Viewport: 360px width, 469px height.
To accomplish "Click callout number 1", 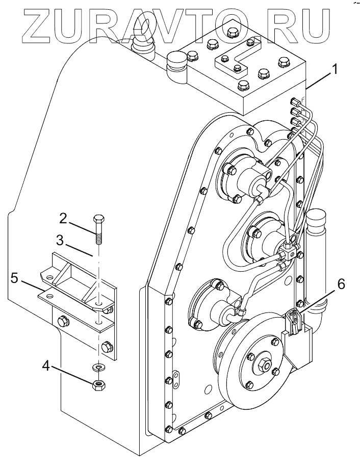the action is coord(335,70).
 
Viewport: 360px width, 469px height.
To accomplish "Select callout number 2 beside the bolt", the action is coord(63,219).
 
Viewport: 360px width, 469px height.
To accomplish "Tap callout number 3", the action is coord(60,241).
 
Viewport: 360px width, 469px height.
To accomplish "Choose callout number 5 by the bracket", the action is coord(14,278).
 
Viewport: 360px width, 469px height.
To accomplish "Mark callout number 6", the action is coord(341,284).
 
